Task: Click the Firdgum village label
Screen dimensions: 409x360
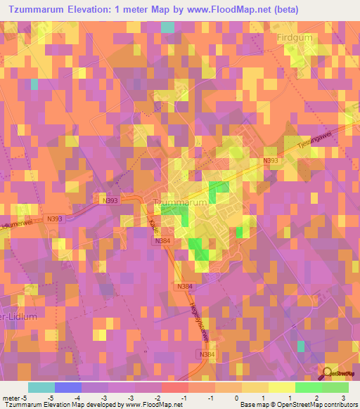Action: (x=303, y=39)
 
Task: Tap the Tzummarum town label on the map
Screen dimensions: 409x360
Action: (x=180, y=202)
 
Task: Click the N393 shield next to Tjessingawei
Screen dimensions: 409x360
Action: (x=271, y=161)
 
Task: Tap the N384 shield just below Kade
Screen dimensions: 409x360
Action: (x=163, y=241)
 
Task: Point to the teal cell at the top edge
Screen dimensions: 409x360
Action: (x=167, y=27)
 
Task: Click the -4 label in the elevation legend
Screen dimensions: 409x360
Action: (x=86, y=398)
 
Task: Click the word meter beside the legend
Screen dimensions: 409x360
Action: (x=11, y=398)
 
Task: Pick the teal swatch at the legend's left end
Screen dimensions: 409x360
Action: (x=41, y=387)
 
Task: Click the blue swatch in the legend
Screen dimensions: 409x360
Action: (x=67, y=387)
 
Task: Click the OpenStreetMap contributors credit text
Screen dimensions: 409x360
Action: (x=316, y=405)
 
